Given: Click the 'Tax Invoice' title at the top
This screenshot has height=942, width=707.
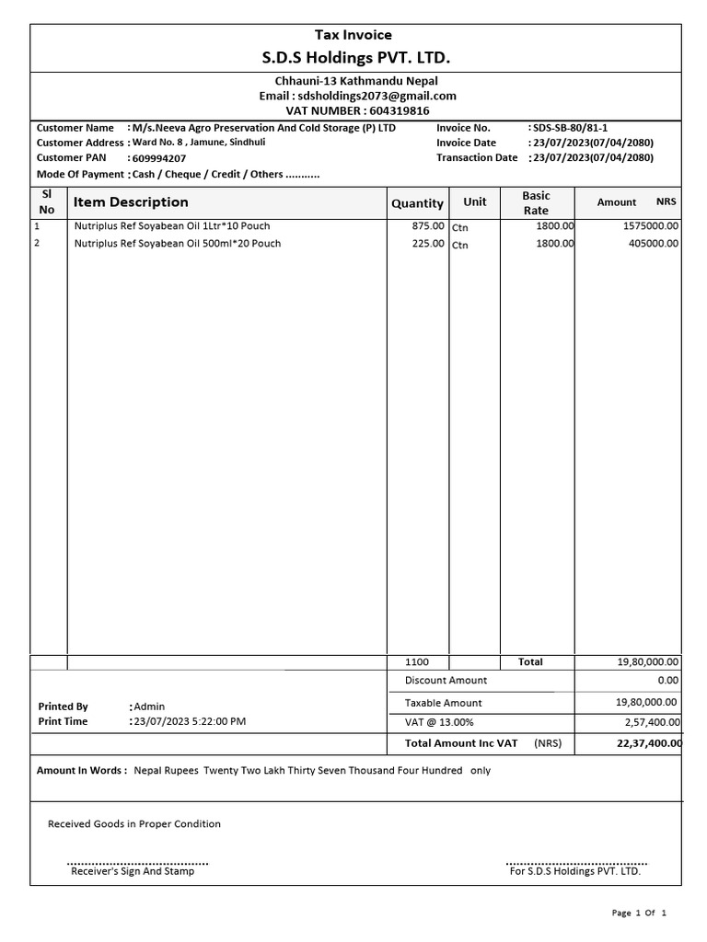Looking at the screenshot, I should (353, 35).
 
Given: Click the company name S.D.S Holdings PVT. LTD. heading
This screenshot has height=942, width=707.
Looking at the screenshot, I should (356, 59).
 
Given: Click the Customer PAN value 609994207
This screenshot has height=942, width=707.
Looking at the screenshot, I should (159, 158).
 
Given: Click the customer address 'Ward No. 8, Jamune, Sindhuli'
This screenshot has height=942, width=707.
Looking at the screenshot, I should (199, 143).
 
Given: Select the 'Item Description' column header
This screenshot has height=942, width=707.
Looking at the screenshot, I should (131, 202).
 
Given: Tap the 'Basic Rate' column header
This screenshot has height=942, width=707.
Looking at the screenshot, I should (536, 203).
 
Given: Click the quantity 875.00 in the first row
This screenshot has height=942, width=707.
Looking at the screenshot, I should (429, 225).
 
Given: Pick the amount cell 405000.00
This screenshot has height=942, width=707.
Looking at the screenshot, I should (649, 244).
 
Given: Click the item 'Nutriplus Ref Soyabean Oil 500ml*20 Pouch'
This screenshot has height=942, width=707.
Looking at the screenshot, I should (178, 244).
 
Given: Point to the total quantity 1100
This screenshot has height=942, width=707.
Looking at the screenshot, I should (418, 662).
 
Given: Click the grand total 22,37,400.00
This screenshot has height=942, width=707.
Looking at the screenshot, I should (648, 743).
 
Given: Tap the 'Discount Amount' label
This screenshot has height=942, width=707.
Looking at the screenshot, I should (446, 681).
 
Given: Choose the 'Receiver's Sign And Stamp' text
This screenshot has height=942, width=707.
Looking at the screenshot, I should (133, 871).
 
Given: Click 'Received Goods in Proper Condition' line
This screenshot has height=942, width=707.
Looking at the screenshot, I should (134, 824).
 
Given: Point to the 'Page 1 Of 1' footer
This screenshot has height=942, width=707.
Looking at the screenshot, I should (639, 913).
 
